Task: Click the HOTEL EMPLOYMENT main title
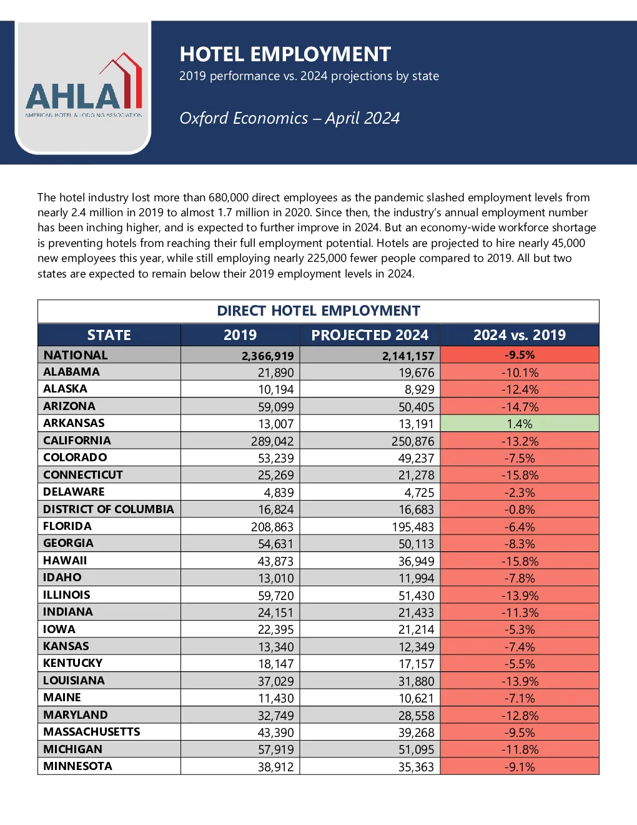coord(285,54)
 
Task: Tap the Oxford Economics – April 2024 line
coord(290,118)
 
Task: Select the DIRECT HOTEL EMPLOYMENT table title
coord(318,311)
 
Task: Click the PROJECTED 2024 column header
coord(370,335)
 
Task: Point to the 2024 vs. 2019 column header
coord(520,335)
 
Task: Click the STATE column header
coord(109,335)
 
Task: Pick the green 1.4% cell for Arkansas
coord(520,423)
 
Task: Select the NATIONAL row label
coord(76,355)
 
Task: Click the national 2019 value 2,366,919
coord(267,356)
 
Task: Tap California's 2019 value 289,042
coord(272,441)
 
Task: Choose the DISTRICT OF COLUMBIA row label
coord(108,509)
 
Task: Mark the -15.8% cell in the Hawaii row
coord(520,561)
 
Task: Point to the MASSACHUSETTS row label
coord(91,732)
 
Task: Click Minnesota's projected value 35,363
coord(416,767)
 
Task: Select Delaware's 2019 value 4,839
coord(279,492)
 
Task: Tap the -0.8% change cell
coord(520,509)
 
